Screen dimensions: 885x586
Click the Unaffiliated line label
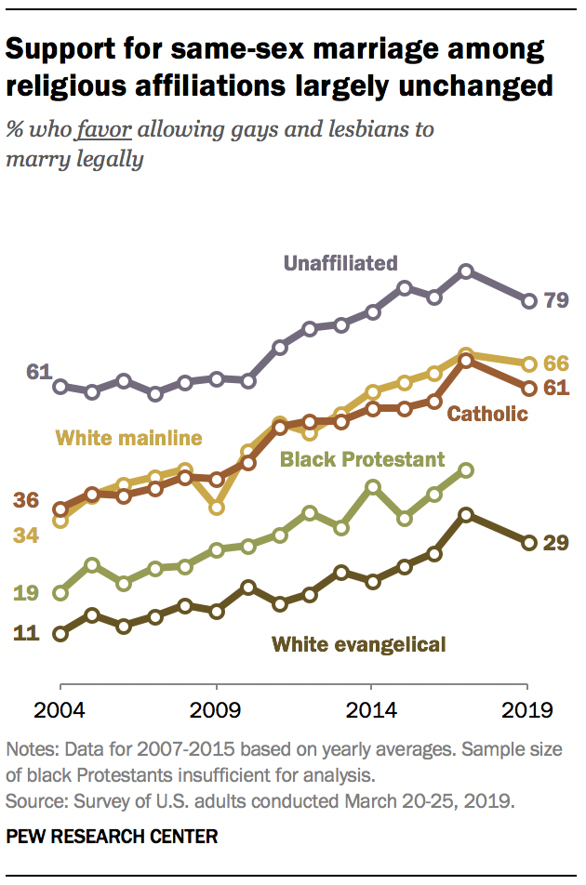tap(340, 263)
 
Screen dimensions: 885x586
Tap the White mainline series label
tap(130, 438)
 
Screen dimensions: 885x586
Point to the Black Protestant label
tap(363, 458)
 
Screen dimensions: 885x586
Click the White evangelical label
tap(359, 643)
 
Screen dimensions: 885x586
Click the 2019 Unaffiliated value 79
tap(556, 300)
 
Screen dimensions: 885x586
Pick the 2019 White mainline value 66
tap(556, 363)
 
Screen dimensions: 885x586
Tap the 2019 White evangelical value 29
tap(556, 543)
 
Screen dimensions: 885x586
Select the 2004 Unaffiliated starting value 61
tap(38, 372)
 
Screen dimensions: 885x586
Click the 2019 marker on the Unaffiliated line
tap(529, 300)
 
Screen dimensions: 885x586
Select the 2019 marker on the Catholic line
tap(529, 389)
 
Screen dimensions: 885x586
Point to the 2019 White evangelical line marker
tap(529, 543)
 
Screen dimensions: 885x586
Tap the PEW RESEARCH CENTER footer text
tap(112, 837)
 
